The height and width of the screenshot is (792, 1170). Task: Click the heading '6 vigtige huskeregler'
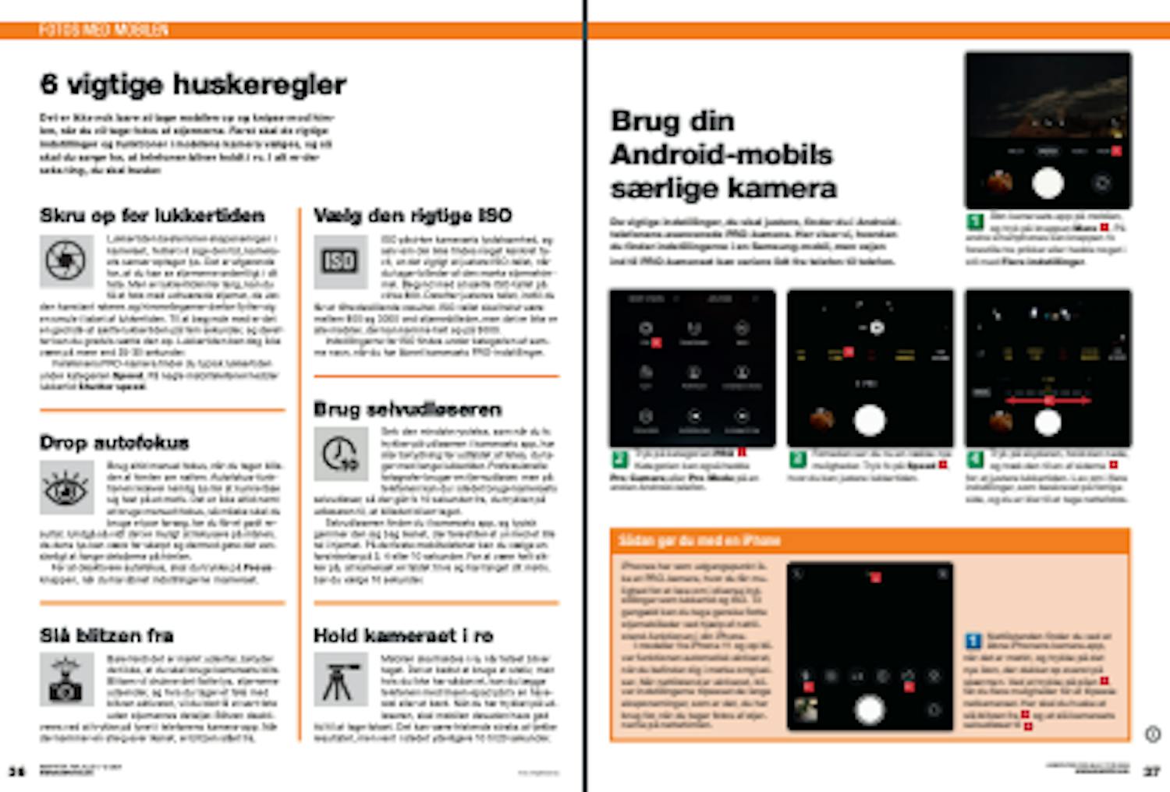pyautogui.click(x=193, y=84)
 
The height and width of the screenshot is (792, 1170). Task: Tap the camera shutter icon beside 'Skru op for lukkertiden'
pyautogui.click(x=66, y=260)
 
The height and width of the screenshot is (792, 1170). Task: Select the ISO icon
pyautogui.click(x=340, y=260)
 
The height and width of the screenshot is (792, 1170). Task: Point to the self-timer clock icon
pyautogui.click(x=340, y=454)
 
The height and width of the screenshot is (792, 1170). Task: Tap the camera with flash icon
pyautogui.click(x=66, y=679)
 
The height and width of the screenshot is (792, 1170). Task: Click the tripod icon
pyautogui.click(x=340, y=679)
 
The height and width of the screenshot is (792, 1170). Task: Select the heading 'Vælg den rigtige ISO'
pyautogui.click(x=412, y=215)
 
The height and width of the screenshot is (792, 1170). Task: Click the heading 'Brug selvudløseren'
pyautogui.click(x=407, y=409)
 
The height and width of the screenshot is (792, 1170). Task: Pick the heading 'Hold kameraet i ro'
pyautogui.click(x=402, y=635)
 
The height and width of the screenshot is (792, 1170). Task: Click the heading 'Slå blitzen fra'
pyautogui.click(x=107, y=635)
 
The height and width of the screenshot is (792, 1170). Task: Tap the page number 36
pyautogui.click(x=16, y=771)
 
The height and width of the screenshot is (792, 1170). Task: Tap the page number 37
pyautogui.click(x=1151, y=771)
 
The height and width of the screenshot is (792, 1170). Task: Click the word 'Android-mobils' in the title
pyautogui.click(x=721, y=154)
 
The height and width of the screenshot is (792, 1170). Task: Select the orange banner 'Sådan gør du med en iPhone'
pyautogui.click(x=869, y=539)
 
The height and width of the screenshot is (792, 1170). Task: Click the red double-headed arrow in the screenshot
pyautogui.click(x=1048, y=400)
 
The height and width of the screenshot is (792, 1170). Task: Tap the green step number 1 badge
pyautogui.click(x=975, y=221)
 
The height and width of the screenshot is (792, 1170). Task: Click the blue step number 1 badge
pyautogui.click(x=973, y=641)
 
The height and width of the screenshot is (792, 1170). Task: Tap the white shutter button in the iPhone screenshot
pyautogui.click(x=869, y=709)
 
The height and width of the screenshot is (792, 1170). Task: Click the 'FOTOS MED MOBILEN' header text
pyautogui.click(x=103, y=30)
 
